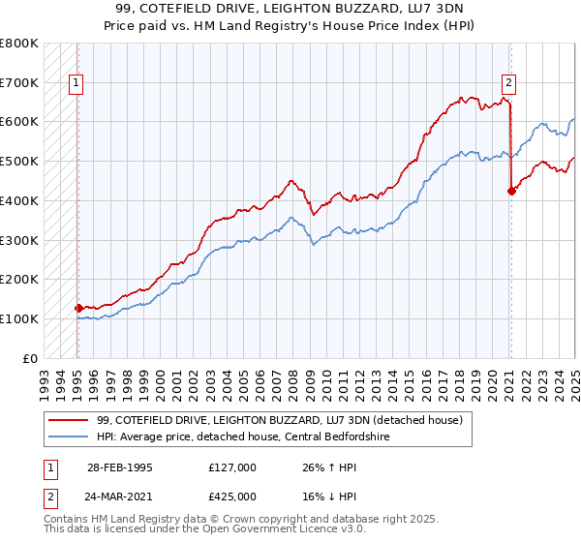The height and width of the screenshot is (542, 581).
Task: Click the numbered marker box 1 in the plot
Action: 76,83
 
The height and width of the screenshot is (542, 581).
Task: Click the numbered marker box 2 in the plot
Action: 508,83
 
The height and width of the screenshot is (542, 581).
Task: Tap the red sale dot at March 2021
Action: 511,191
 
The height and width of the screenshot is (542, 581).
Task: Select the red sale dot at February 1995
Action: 77,308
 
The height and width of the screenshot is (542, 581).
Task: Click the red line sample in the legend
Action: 70,420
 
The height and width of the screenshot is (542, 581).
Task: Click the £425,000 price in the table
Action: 232,497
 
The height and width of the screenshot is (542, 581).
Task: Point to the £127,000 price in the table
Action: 232,467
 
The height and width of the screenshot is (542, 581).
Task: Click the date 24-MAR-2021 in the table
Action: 120,497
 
